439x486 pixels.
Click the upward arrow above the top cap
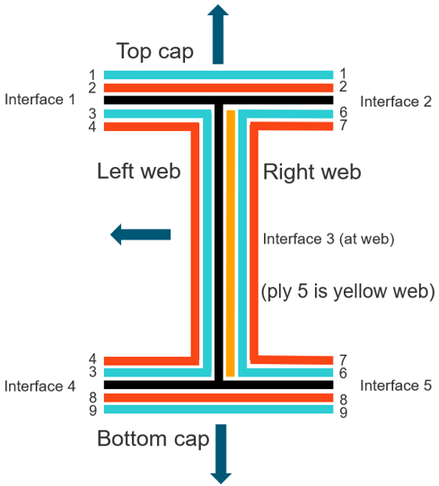coord(218,34)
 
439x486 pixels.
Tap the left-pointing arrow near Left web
coord(140,234)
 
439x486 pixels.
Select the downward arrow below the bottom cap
coord(221,454)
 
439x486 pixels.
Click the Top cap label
coord(155,51)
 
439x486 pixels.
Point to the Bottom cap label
coord(154,439)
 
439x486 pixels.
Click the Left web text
coord(139,171)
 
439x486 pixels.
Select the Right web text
coord(312,172)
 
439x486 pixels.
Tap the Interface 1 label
coord(40,100)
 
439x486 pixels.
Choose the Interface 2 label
coord(396,102)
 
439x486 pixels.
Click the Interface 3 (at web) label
coord(329,239)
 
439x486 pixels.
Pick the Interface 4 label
coord(40,386)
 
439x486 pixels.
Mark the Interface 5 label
coord(396,385)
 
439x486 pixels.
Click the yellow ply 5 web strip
coord(231,243)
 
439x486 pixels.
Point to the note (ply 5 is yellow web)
coord(348,292)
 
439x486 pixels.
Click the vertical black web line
coord(219,243)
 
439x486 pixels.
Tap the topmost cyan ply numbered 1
coord(218,75)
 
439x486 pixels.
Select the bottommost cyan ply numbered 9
coord(218,409)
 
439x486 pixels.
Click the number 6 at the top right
coord(343,112)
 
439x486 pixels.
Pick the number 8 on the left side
coord(92,398)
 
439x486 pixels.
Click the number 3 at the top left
coord(92,114)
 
